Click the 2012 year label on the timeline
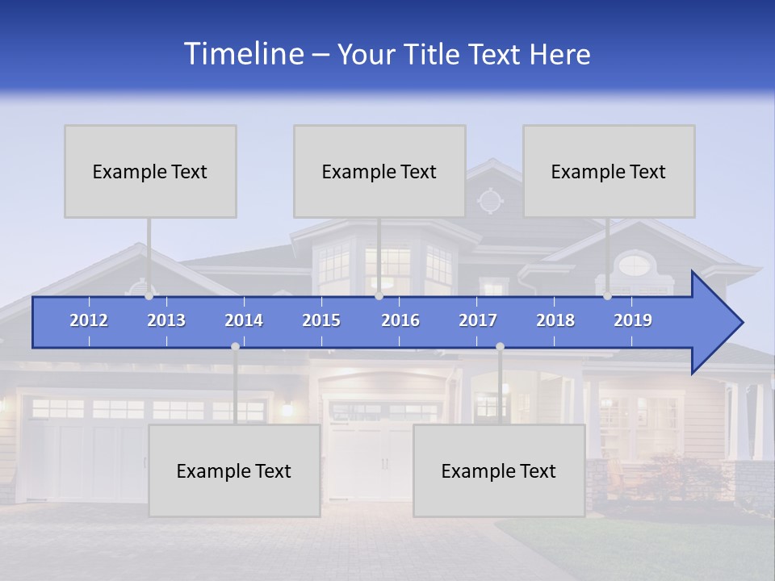click(89, 320)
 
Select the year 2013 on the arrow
click(166, 320)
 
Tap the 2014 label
click(244, 320)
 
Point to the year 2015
click(321, 320)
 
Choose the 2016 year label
click(400, 320)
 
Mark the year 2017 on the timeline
click(478, 320)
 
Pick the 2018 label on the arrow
click(555, 320)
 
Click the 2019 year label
click(633, 320)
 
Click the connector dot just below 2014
click(235, 346)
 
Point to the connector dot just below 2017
click(500, 346)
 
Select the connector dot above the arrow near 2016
click(379, 296)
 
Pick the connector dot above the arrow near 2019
click(607, 296)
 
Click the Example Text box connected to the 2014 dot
click(234, 470)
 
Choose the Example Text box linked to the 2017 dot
click(499, 470)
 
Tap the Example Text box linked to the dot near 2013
click(150, 171)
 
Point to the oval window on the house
click(635, 264)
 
